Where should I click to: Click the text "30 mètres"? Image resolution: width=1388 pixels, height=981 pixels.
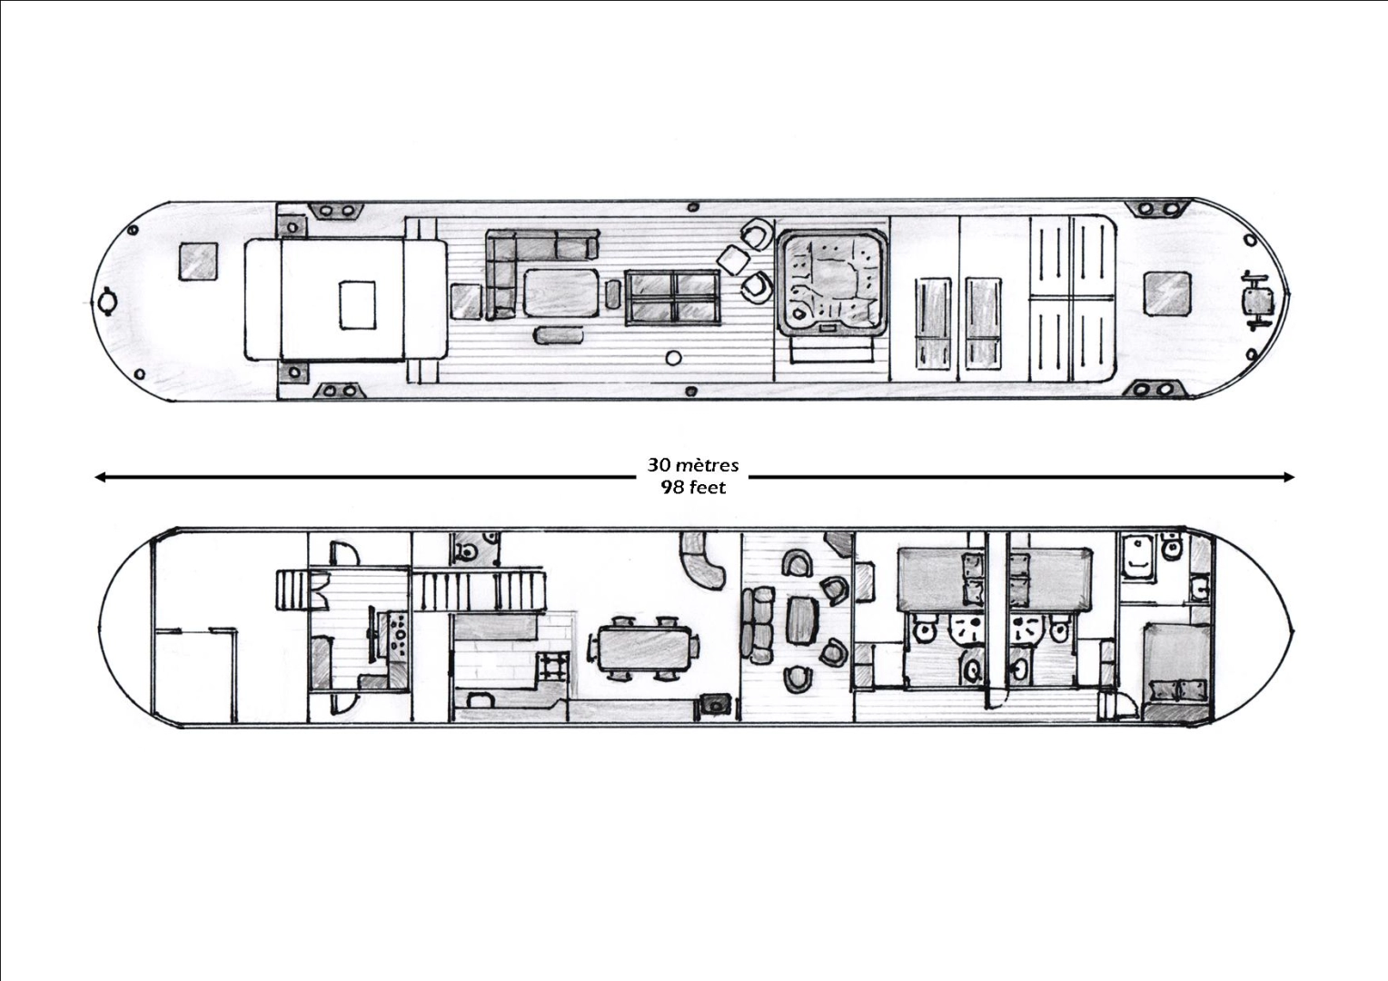(x=693, y=465)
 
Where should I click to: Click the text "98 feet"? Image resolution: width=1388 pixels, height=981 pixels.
(x=693, y=488)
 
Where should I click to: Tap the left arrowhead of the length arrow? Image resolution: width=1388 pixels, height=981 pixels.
(x=99, y=477)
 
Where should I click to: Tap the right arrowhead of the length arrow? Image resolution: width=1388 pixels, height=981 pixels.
(x=1289, y=477)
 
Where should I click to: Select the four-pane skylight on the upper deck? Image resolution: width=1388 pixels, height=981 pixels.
(x=673, y=297)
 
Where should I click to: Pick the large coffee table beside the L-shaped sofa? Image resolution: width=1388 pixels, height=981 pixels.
(x=561, y=292)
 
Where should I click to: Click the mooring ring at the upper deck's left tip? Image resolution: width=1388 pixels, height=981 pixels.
(x=106, y=302)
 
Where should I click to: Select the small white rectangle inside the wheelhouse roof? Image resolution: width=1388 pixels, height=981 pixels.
(x=358, y=305)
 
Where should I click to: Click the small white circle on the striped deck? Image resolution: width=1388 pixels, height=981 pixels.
(x=673, y=358)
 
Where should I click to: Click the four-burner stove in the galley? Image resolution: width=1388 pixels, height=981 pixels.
(x=551, y=668)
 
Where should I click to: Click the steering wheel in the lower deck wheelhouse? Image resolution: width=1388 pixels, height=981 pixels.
(x=372, y=633)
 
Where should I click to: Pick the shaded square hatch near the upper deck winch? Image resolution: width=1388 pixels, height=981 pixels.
(x=1166, y=293)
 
